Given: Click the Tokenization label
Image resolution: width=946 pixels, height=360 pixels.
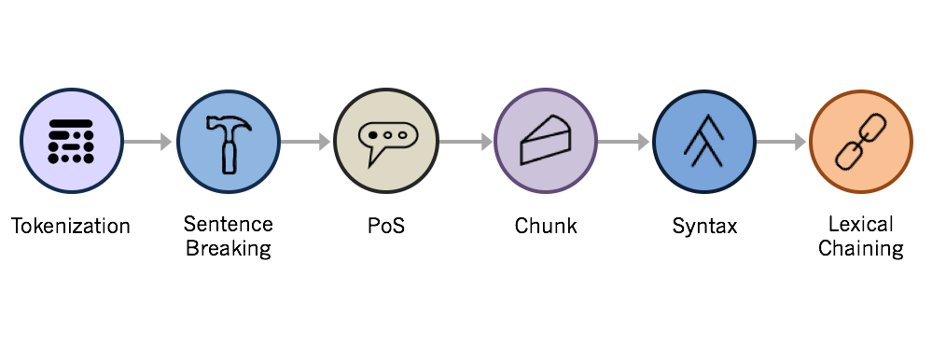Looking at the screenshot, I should [x=71, y=227].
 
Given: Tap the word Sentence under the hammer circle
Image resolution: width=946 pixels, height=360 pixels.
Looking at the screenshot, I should [x=229, y=224].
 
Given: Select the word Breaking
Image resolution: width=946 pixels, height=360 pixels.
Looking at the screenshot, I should [x=229, y=248].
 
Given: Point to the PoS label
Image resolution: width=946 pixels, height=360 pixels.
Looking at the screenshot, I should [x=386, y=227].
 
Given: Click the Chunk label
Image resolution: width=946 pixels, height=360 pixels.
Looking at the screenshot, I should [x=546, y=227].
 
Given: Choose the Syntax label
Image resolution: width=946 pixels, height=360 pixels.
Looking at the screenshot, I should [x=704, y=227].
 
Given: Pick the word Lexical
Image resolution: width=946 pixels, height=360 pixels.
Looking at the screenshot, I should [x=860, y=224].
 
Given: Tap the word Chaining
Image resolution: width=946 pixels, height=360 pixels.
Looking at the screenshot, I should [x=860, y=248].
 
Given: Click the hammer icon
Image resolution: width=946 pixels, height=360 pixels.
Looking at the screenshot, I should [x=228, y=143].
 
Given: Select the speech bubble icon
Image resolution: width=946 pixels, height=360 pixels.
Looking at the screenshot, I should [x=385, y=142].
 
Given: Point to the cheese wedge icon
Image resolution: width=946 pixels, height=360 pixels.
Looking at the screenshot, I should [x=545, y=143].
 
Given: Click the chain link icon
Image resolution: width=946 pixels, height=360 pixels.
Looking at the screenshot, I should [x=860, y=143].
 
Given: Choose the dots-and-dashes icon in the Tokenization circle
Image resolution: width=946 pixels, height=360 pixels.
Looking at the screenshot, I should [x=71, y=142].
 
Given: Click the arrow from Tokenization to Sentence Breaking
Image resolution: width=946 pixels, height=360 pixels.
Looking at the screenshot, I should [x=148, y=143].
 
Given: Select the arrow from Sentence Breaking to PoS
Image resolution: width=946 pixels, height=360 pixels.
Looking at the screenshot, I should [x=306, y=143].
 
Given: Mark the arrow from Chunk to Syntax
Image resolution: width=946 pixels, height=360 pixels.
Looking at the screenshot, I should [x=623, y=143].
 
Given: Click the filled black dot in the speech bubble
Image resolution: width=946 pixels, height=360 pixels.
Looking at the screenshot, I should [x=373, y=136].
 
